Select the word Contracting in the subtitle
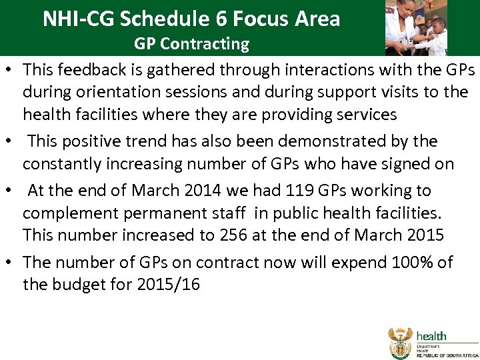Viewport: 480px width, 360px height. (x=211, y=44)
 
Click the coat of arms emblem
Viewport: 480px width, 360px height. (x=400, y=342)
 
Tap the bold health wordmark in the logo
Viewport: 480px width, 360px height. (x=431, y=336)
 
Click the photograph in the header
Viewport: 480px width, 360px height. (x=416, y=27)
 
